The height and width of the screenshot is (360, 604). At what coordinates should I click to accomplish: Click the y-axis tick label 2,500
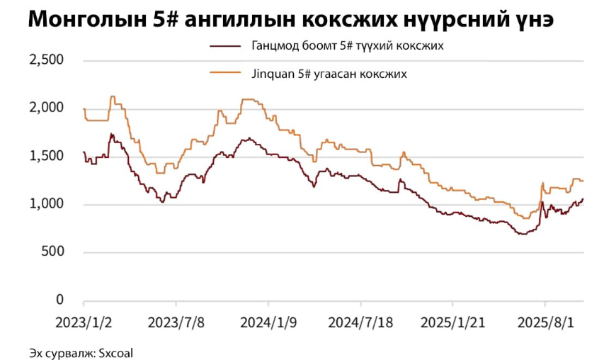[46, 60]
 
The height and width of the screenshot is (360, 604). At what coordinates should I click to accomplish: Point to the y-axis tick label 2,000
[46, 108]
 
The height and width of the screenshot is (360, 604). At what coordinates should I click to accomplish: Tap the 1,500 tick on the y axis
[46, 157]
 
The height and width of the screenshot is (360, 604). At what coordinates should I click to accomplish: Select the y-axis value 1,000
[46, 205]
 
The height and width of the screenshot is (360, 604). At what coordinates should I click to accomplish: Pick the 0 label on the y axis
[60, 300]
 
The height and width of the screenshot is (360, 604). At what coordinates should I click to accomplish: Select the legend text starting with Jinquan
[329, 73]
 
